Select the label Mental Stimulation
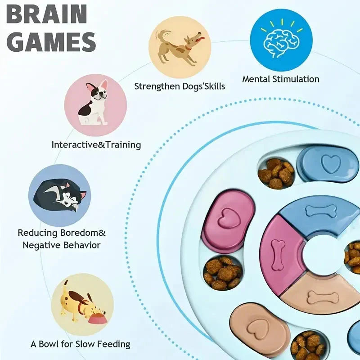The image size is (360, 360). point(281,79)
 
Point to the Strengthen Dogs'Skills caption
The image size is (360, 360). point(180,86)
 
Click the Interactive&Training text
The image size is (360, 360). point(96,145)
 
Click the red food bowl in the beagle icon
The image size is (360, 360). point(98,319)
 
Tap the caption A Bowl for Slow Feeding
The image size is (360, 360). point(80,344)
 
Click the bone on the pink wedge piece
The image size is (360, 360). point(279,255)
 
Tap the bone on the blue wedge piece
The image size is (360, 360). point(320,211)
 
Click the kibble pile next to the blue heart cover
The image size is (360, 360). point(275,173)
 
